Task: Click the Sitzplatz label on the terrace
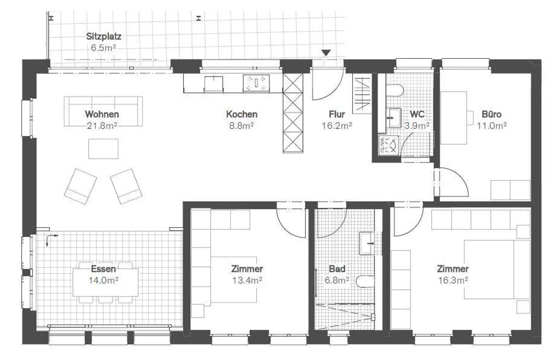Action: (x=103, y=36)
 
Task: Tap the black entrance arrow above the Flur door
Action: (x=326, y=53)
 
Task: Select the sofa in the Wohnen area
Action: (x=103, y=111)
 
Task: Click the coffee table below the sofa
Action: (x=103, y=149)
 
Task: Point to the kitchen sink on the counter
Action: (x=214, y=83)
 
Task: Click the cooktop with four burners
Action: (x=256, y=83)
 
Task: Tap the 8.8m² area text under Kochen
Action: (x=241, y=126)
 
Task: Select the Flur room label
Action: (x=336, y=114)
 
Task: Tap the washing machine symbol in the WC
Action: (x=388, y=144)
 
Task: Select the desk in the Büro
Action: (x=454, y=118)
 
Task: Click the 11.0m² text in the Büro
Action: (x=492, y=126)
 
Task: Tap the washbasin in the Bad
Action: (x=367, y=243)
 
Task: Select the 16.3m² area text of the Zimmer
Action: (x=453, y=280)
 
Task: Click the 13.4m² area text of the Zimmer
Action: (x=247, y=280)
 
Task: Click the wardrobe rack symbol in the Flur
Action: (x=363, y=94)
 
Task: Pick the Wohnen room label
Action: (x=102, y=114)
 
